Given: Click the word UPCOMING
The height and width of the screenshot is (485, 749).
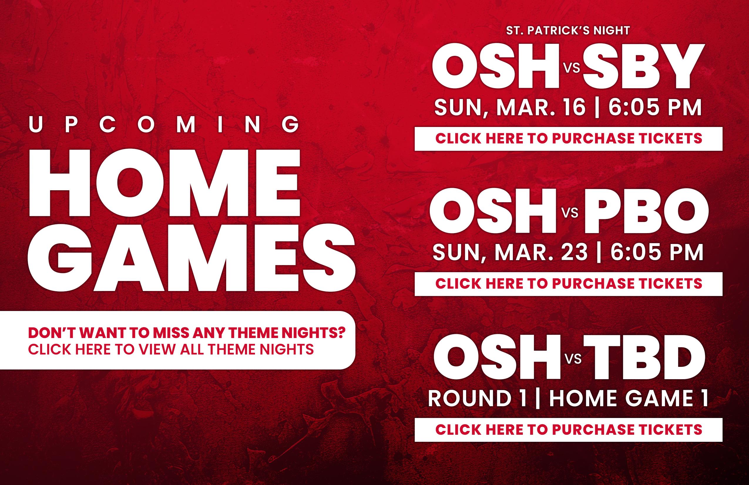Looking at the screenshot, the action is (x=164, y=124).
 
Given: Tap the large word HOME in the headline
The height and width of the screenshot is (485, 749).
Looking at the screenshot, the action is (x=164, y=183).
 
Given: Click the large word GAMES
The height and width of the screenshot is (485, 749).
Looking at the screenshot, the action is (x=191, y=258).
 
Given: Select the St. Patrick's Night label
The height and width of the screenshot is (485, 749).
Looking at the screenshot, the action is (x=568, y=31).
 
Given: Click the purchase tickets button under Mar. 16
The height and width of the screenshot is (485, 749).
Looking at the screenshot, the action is (x=568, y=139).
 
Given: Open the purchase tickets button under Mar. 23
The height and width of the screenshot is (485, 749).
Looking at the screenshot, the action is (x=568, y=284).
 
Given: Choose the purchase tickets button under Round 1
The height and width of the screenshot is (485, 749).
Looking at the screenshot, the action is (x=568, y=430).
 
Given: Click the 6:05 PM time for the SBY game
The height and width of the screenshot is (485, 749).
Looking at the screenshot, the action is (x=655, y=107).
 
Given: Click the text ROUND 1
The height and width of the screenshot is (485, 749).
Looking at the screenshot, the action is (x=477, y=398).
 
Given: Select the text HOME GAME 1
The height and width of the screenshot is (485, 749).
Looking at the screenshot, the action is (x=629, y=398).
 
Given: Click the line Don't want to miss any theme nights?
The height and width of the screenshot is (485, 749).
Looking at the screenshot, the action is (x=187, y=332).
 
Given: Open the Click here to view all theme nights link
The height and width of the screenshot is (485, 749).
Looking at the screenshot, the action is (x=171, y=349).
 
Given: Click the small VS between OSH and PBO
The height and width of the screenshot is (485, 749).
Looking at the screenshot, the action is (x=570, y=213).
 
